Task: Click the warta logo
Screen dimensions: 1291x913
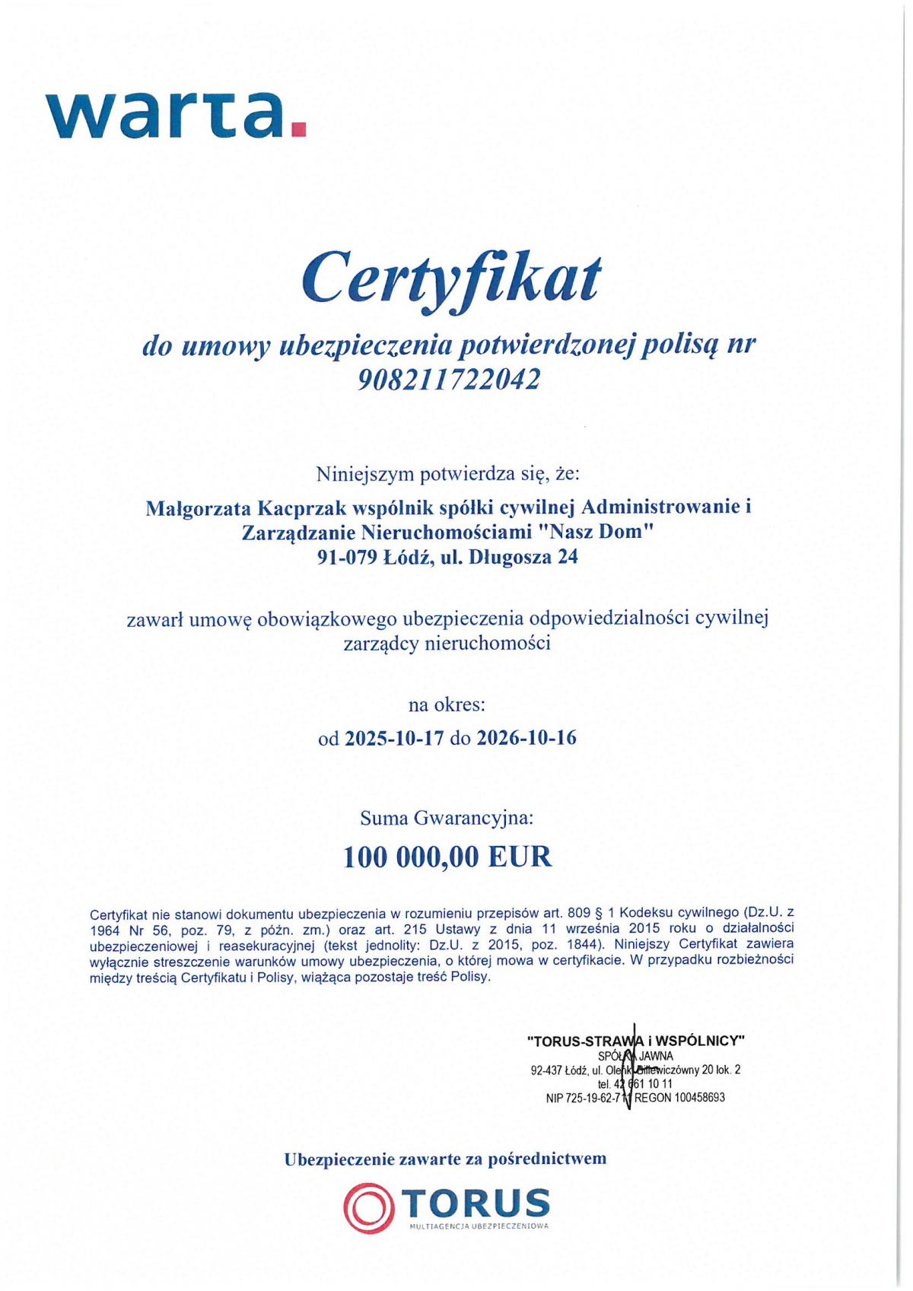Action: pyautogui.click(x=176, y=116)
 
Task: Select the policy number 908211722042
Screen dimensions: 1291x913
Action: pyautogui.click(x=449, y=378)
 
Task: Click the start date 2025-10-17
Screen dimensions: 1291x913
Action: pyautogui.click(x=394, y=737)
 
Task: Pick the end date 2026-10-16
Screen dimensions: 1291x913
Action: pyautogui.click(x=526, y=737)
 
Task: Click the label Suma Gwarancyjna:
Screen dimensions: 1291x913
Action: pyautogui.click(x=447, y=819)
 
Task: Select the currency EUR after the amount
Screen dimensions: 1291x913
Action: pyautogui.click(x=520, y=857)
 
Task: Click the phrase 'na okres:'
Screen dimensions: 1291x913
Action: pyautogui.click(x=447, y=704)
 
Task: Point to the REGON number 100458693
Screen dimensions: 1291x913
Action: pyautogui.click(x=699, y=1098)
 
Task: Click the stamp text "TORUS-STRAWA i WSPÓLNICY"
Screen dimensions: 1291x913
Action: pyautogui.click(x=635, y=1040)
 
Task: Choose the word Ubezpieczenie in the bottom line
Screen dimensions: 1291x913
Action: pyautogui.click(x=340, y=1159)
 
